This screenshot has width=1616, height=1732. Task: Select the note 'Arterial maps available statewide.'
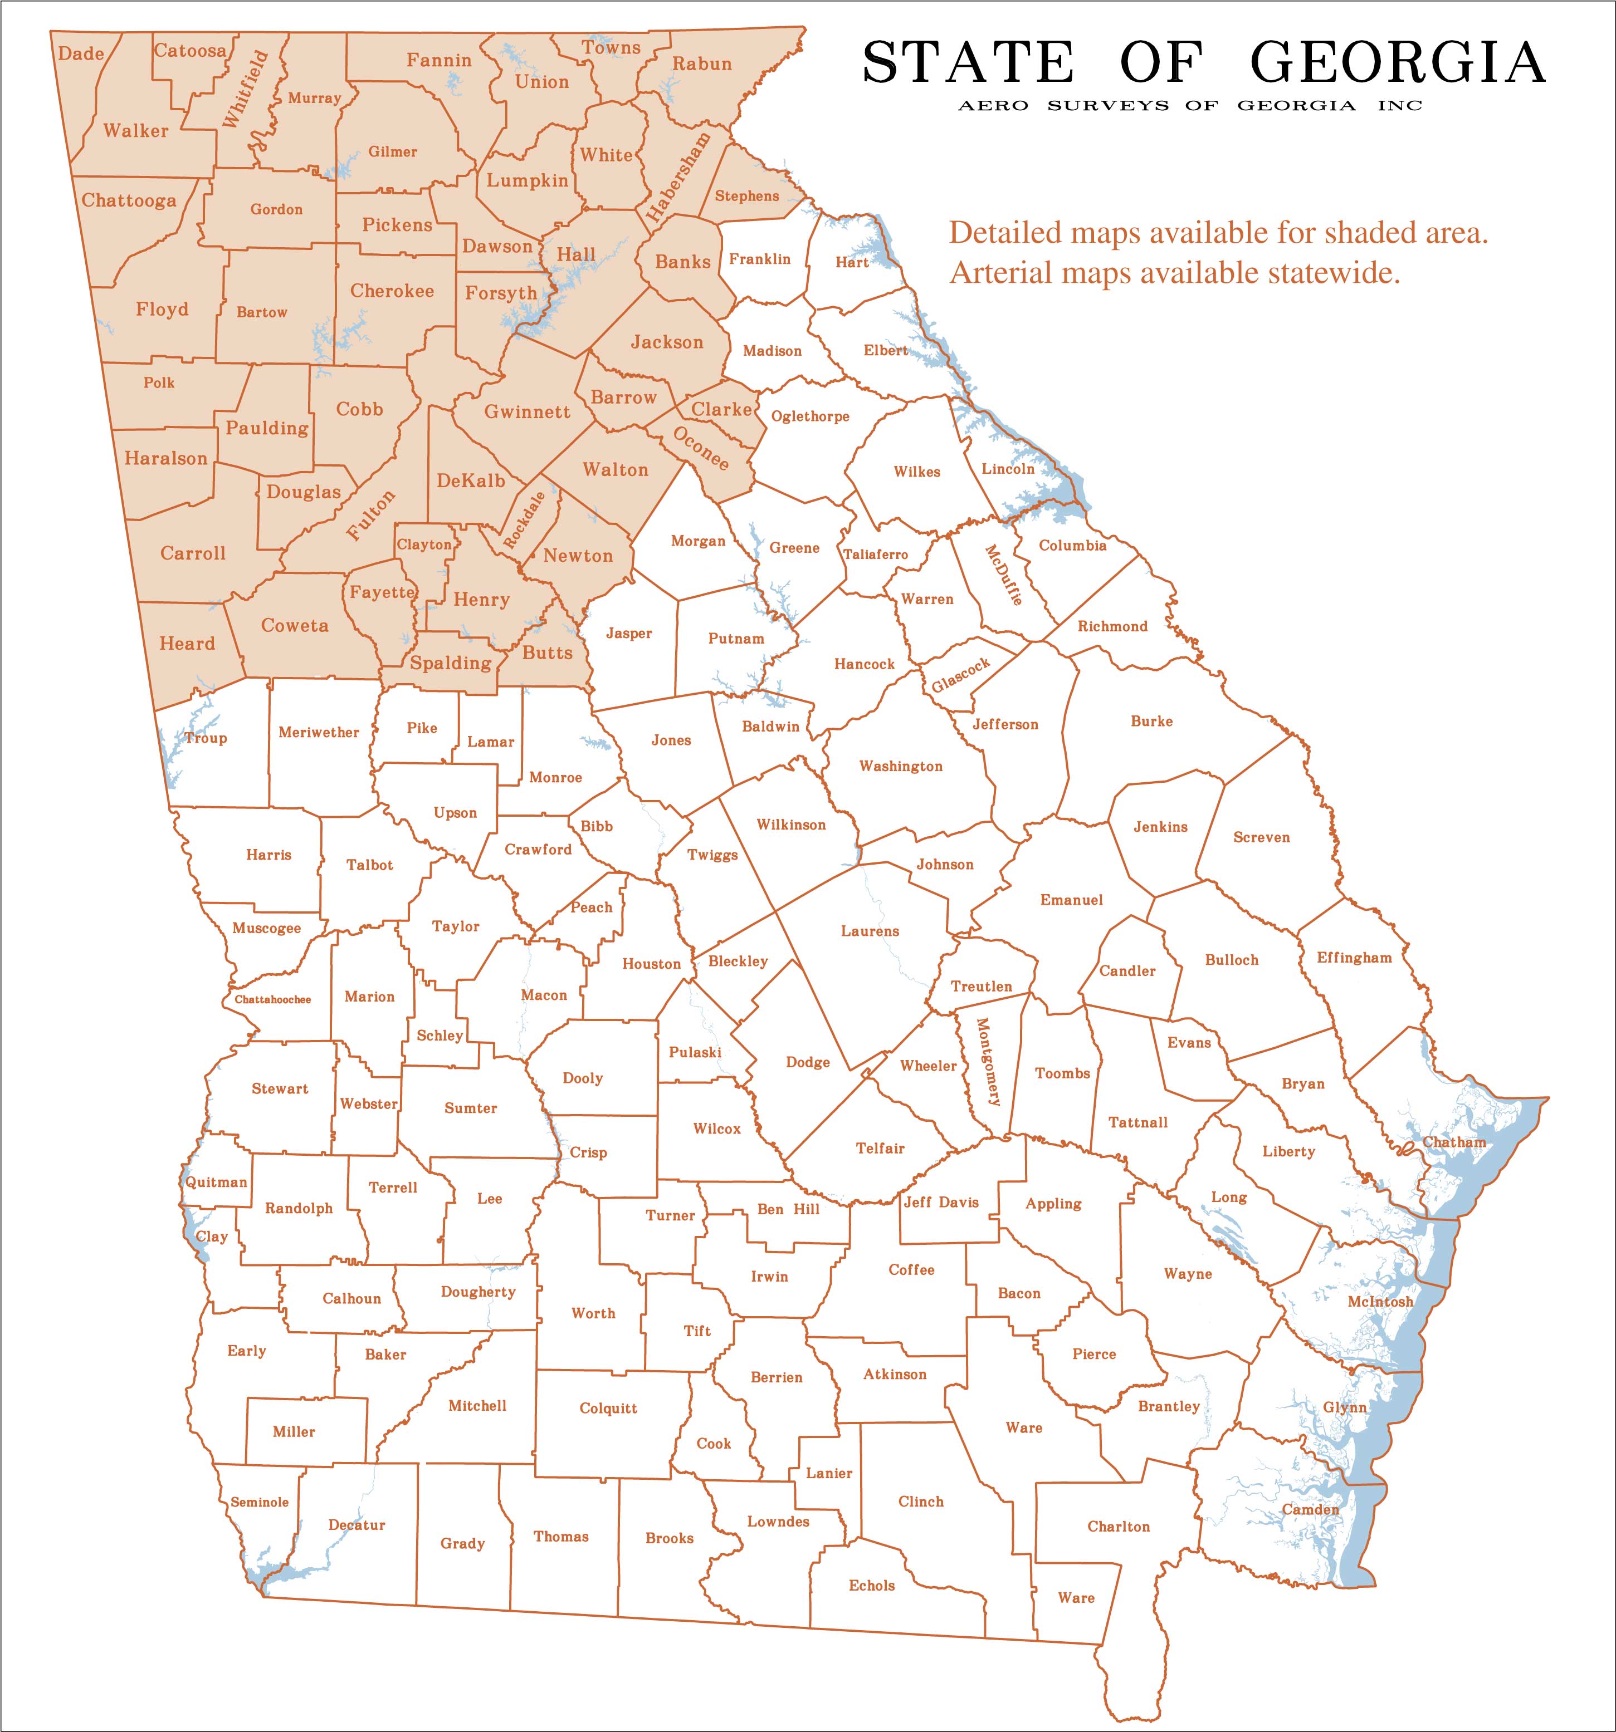pyautogui.click(x=1174, y=273)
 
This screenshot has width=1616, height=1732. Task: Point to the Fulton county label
pyautogui.click(x=370, y=515)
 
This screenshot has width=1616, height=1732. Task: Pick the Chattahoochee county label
pyautogui.click(x=273, y=999)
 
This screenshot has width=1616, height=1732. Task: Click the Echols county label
pyautogui.click(x=872, y=1586)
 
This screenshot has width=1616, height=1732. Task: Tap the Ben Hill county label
pyautogui.click(x=788, y=1209)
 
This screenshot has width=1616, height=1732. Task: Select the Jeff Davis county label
pyautogui.click(x=941, y=1203)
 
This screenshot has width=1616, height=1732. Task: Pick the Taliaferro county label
pyautogui.click(x=875, y=554)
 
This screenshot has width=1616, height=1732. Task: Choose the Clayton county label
pyautogui.click(x=424, y=544)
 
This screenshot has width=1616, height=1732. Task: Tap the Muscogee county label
pyautogui.click(x=267, y=928)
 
